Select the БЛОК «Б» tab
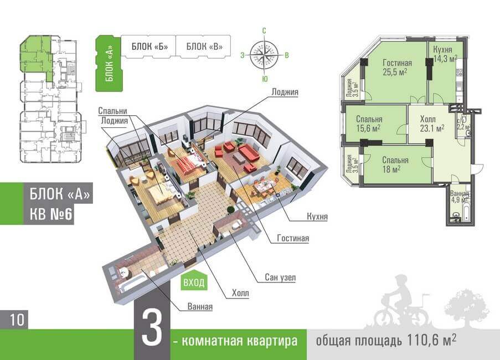tap(148, 46)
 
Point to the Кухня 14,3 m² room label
tap(445, 54)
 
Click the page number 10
tap(16, 320)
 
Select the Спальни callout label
tap(114, 109)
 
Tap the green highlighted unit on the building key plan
tap(36, 55)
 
